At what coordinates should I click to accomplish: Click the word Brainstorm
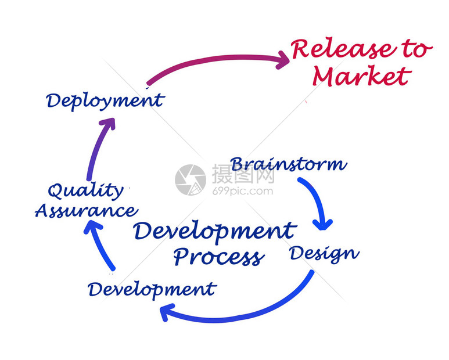coord(289,164)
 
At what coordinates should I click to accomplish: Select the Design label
coord(325,254)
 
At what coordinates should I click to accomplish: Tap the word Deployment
coord(105,101)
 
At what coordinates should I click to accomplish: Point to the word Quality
coord(85,191)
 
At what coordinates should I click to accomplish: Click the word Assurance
coord(87,211)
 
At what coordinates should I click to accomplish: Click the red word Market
coord(362,75)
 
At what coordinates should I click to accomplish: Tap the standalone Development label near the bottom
coord(152,290)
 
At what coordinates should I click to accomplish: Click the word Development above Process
coord(215,232)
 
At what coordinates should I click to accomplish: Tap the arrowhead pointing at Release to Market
coord(283,60)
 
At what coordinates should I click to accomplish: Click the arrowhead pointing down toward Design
coord(323,225)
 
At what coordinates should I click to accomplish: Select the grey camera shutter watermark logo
coord(191,180)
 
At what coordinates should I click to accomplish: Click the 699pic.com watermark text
coord(243,191)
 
